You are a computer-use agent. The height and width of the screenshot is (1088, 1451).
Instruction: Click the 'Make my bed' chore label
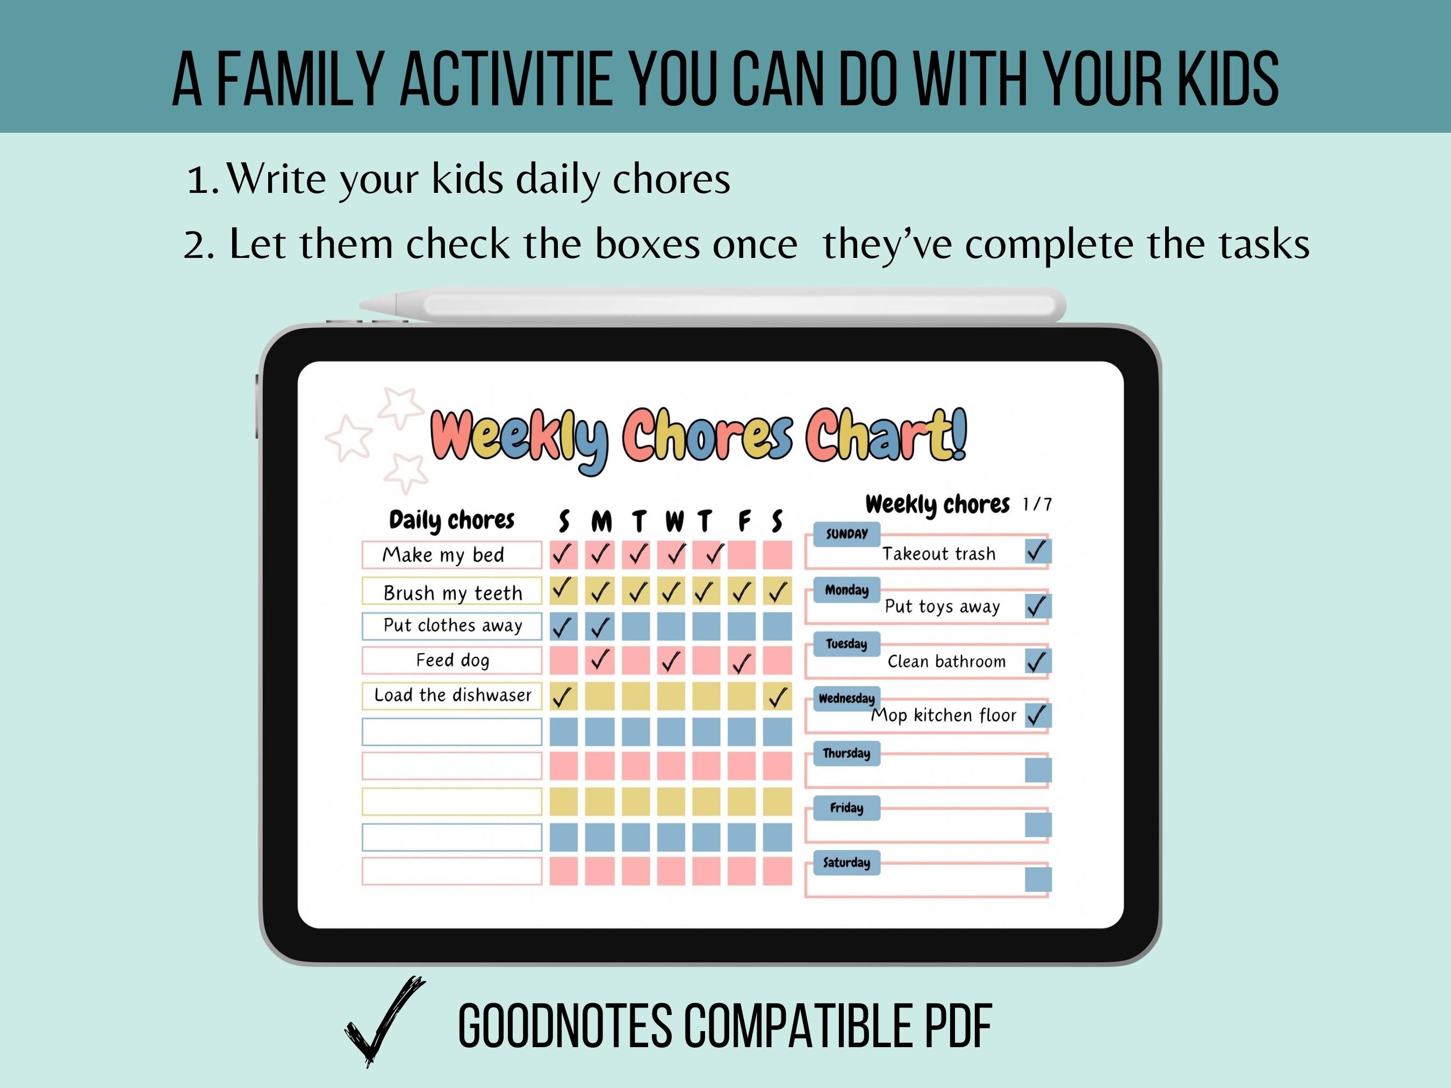coord(443,555)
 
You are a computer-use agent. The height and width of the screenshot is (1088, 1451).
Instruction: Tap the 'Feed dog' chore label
coord(452,660)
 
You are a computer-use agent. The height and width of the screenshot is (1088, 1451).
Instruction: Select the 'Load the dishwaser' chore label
coord(452,695)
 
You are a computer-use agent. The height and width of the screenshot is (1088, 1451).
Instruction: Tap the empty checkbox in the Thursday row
coord(1038,770)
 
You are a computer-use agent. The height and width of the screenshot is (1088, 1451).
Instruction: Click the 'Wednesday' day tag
coord(846,698)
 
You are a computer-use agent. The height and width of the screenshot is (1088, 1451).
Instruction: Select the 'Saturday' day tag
coord(846,862)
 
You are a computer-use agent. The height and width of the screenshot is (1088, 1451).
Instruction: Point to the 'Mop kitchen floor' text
coord(943,715)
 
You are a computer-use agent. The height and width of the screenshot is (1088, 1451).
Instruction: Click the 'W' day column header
coord(674,521)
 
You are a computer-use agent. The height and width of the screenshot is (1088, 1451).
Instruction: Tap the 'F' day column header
coord(744,521)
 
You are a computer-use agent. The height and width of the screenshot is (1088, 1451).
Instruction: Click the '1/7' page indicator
coord(1037,505)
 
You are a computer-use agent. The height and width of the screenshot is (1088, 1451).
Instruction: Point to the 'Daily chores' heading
coord(451,520)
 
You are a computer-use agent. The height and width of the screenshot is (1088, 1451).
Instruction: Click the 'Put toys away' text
coord(942,607)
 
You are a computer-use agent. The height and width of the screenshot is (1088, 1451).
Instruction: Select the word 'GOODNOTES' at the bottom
coord(564,1026)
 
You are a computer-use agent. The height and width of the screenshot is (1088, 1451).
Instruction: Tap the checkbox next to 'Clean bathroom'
coord(1038,661)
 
